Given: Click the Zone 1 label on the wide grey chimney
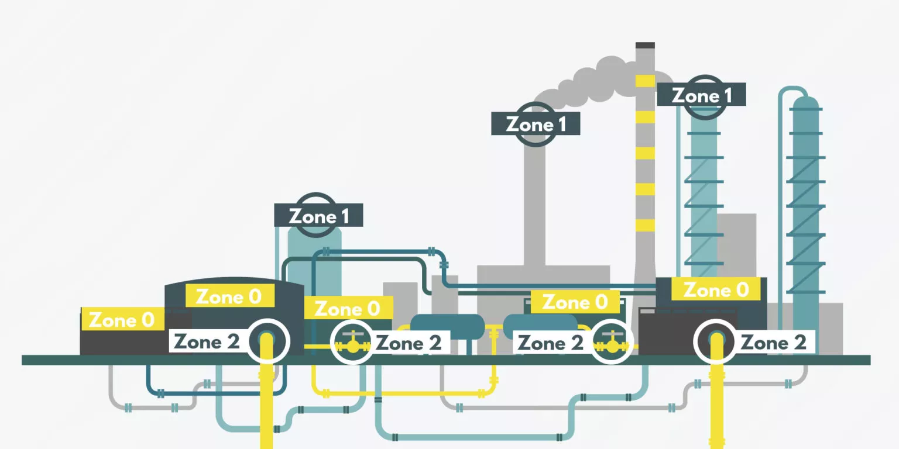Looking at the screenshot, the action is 536,124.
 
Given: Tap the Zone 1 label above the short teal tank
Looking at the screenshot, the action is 318,216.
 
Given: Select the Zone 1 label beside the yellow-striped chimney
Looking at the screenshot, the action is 702,95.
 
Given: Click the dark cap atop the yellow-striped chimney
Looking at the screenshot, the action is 646,45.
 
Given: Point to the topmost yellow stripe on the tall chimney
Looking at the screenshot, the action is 646,81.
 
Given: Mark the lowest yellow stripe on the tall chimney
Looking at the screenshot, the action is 646,225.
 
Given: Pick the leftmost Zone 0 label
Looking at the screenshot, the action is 122,320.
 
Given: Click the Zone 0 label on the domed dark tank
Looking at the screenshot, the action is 230,296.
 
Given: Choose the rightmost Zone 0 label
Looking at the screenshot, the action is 716,289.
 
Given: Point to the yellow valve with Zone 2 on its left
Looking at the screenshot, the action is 611,343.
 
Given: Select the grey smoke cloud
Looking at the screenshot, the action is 598,82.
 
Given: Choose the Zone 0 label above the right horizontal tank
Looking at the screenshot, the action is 575,302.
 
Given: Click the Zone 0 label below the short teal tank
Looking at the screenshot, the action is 348,308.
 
